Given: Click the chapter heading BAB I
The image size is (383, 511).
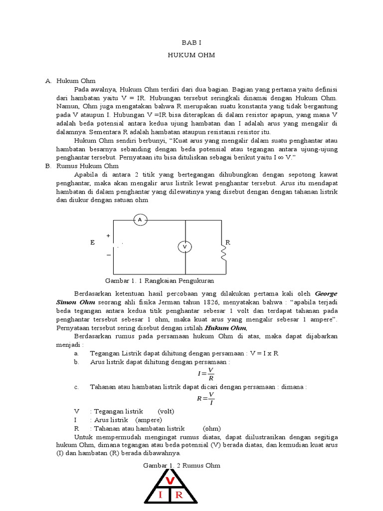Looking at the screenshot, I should coord(191,43).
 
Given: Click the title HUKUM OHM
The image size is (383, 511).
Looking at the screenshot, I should coord(191,55).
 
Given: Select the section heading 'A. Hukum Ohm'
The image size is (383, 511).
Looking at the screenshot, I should coord(70,80).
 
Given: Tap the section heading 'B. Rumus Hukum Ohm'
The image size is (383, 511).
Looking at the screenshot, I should coord(82,166).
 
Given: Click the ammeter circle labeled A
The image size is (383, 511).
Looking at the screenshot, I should coord(140,220).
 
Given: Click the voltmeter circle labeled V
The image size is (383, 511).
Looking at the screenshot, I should coord(185,247).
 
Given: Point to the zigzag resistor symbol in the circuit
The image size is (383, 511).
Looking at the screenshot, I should coord(223,254).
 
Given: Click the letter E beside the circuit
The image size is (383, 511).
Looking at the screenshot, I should coord(92,242).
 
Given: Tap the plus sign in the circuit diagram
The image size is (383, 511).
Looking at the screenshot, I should coord(108,235).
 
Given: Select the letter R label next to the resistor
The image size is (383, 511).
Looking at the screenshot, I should coord(228,242).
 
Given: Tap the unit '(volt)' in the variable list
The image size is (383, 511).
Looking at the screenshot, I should coord(166,411).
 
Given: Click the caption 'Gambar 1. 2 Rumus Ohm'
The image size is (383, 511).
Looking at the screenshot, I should coord(182,465).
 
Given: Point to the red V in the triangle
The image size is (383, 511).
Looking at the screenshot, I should coord(170,481).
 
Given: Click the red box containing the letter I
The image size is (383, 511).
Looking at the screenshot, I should coord(160,495).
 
